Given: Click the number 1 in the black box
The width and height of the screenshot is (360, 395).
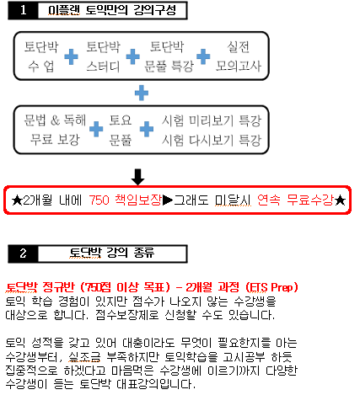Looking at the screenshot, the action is click(24, 10).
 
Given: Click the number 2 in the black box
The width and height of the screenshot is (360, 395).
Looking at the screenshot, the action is click(23, 254).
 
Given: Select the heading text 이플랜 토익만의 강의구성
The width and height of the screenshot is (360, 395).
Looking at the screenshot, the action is click(112, 10).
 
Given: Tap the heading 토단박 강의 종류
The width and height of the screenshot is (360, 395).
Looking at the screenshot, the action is click(112, 253).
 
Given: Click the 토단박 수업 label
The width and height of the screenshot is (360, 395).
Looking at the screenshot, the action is click(41, 56).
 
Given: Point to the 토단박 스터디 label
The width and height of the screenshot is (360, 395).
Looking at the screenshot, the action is click(103, 56).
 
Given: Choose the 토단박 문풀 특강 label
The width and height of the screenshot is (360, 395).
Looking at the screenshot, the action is click(169, 56).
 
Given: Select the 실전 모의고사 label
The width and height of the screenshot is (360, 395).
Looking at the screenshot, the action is click(239, 56).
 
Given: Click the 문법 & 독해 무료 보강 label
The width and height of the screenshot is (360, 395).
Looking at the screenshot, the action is click(55, 130).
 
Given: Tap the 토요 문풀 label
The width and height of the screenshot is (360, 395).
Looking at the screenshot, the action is click(121, 130).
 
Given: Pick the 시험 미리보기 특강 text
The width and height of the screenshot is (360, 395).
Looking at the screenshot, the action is click(212, 120).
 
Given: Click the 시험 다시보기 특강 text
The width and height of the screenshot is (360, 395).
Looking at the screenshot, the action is click(212, 140).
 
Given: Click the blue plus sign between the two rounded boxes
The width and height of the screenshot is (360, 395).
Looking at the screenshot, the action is click(142, 93).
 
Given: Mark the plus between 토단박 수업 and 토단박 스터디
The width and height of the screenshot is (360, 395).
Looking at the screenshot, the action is click(72, 57).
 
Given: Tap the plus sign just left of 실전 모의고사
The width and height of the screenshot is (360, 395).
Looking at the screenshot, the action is click(203, 56).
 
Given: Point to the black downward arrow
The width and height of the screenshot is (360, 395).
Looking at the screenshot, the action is click(137, 177).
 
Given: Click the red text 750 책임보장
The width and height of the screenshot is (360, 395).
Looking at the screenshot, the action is click(126, 200).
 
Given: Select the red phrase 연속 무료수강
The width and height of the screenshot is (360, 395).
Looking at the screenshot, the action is click(296, 200).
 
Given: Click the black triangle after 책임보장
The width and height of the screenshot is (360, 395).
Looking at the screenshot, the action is click(168, 200).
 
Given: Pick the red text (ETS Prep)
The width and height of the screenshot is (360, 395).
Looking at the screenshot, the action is click(271, 287).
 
